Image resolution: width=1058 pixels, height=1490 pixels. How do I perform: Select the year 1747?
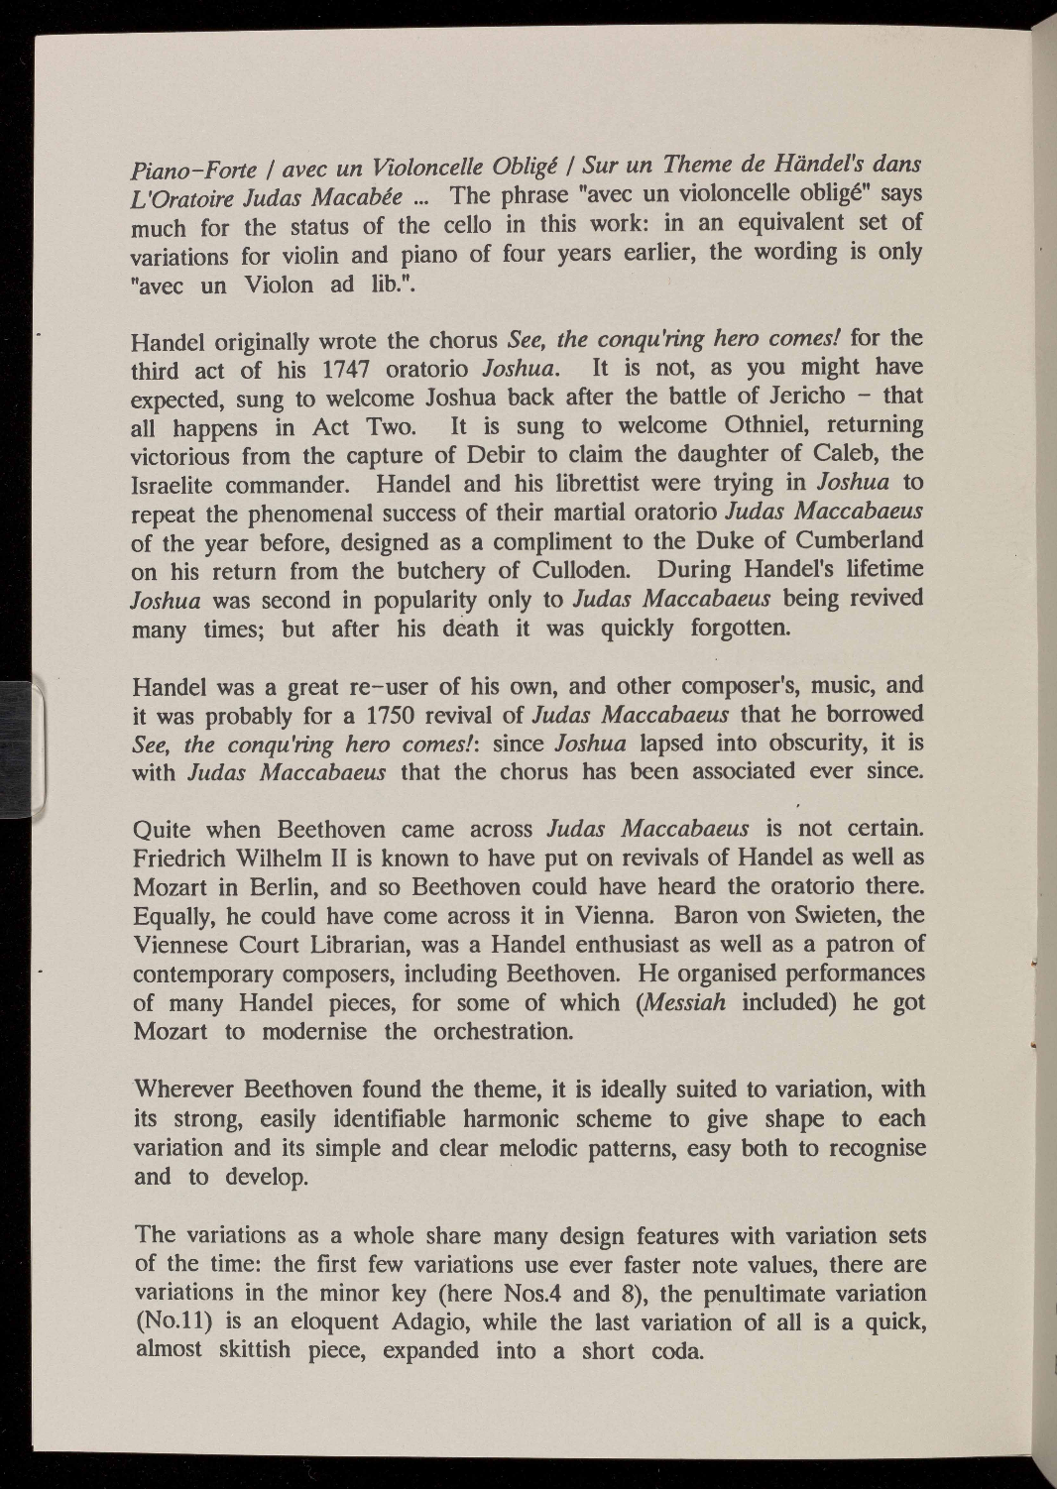click(x=346, y=370)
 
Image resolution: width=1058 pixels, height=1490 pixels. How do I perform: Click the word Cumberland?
click(x=852, y=539)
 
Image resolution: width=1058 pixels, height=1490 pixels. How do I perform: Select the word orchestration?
click(x=504, y=1030)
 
